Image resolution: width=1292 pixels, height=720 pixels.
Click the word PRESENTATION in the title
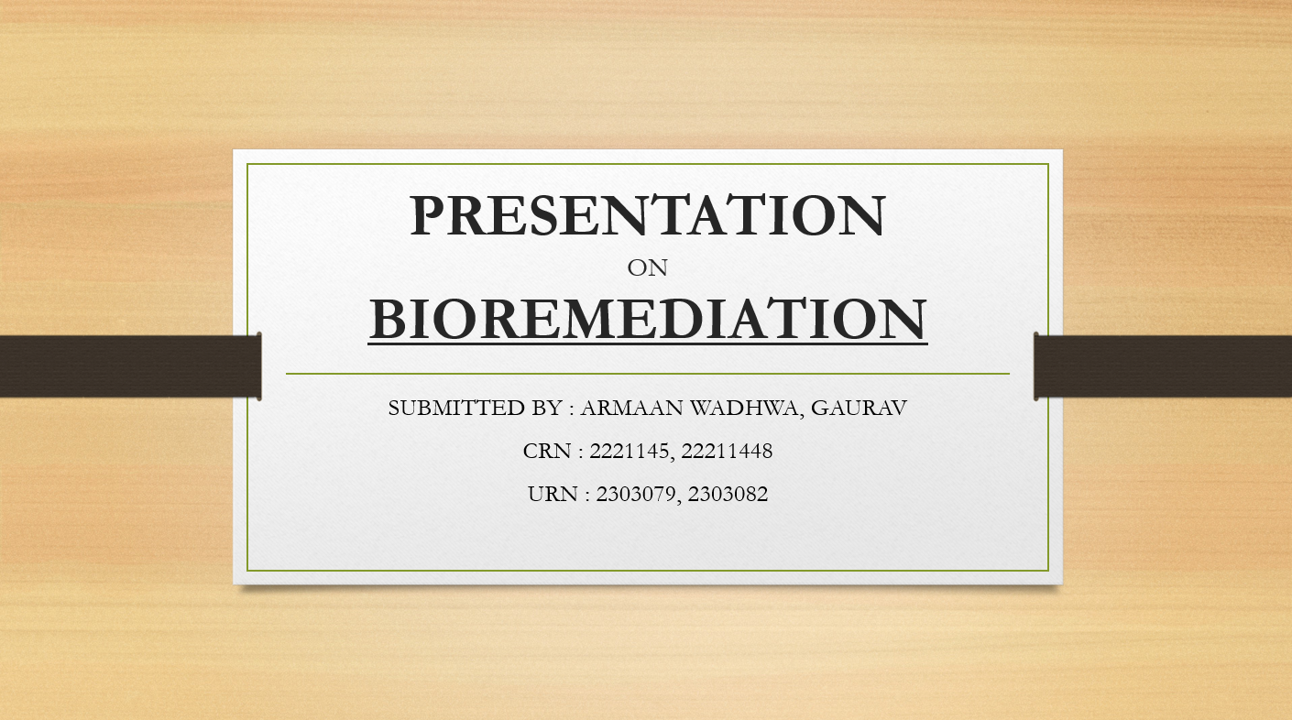click(647, 215)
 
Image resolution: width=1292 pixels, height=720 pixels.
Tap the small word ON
click(647, 268)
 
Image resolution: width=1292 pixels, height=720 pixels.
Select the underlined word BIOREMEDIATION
click(648, 319)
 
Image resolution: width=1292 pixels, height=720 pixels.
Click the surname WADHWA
click(745, 409)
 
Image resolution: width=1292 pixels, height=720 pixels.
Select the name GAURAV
click(859, 408)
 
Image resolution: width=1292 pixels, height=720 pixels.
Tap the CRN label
click(547, 451)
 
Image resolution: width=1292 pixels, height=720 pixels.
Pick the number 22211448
click(727, 451)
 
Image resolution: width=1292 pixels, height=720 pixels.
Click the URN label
click(553, 494)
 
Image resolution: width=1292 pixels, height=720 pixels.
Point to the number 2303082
click(728, 494)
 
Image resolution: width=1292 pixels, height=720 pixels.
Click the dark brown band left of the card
click(130, 366)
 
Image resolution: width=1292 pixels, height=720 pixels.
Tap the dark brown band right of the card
click(1163, 366)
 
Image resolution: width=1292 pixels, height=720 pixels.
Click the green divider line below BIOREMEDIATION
click(648, 374)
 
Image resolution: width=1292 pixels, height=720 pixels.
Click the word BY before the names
click(547, 408)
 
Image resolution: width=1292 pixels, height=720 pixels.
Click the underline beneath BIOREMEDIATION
click(648, 344)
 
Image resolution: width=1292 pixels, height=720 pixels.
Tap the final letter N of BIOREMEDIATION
click(903, 319)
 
